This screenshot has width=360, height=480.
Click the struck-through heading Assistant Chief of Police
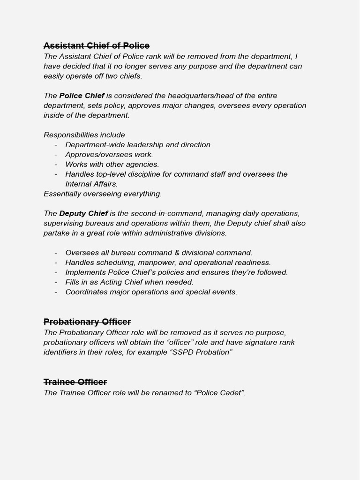point(96,45)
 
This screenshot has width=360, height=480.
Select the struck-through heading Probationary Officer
point(87,322)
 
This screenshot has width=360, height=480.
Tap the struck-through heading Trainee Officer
point(75,382)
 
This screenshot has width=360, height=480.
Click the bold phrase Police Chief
point(82,96)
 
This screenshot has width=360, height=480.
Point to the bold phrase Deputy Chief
point(83,213)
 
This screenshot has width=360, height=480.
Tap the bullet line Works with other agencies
point(112,165)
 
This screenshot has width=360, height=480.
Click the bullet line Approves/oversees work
point(109,155)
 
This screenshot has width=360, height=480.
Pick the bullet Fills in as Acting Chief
point(129,282)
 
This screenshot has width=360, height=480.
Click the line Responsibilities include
point(84,135)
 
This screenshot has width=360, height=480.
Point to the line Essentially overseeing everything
point(103,194)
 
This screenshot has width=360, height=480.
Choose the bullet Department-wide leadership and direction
point(138,145)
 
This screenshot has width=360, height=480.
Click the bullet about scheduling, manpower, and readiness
point(168,262)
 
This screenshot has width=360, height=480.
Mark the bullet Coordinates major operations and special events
point(151,292)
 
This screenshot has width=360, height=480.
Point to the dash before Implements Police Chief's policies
point(56,272)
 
